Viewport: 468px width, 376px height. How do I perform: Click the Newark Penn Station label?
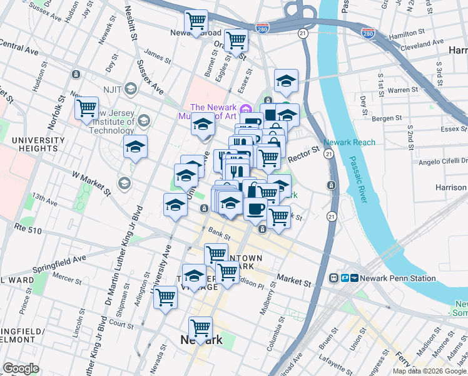pyautogui.click(x=383, y=278)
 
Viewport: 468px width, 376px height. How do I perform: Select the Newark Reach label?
pyautogui.click(x=350, y=142)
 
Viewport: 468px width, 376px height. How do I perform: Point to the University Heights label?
pyautogui.click(x=29, y=144)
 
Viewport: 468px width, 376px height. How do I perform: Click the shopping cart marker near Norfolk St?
pyautogui.click(x=86, y=108)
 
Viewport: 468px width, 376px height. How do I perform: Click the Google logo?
pyautogui.click(x=21, y=368)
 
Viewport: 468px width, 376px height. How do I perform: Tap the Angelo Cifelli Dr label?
pyautogui.click(x=439, y=162)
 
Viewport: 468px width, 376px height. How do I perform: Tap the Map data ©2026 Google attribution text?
pyautogui.click(x=429, y=371)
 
